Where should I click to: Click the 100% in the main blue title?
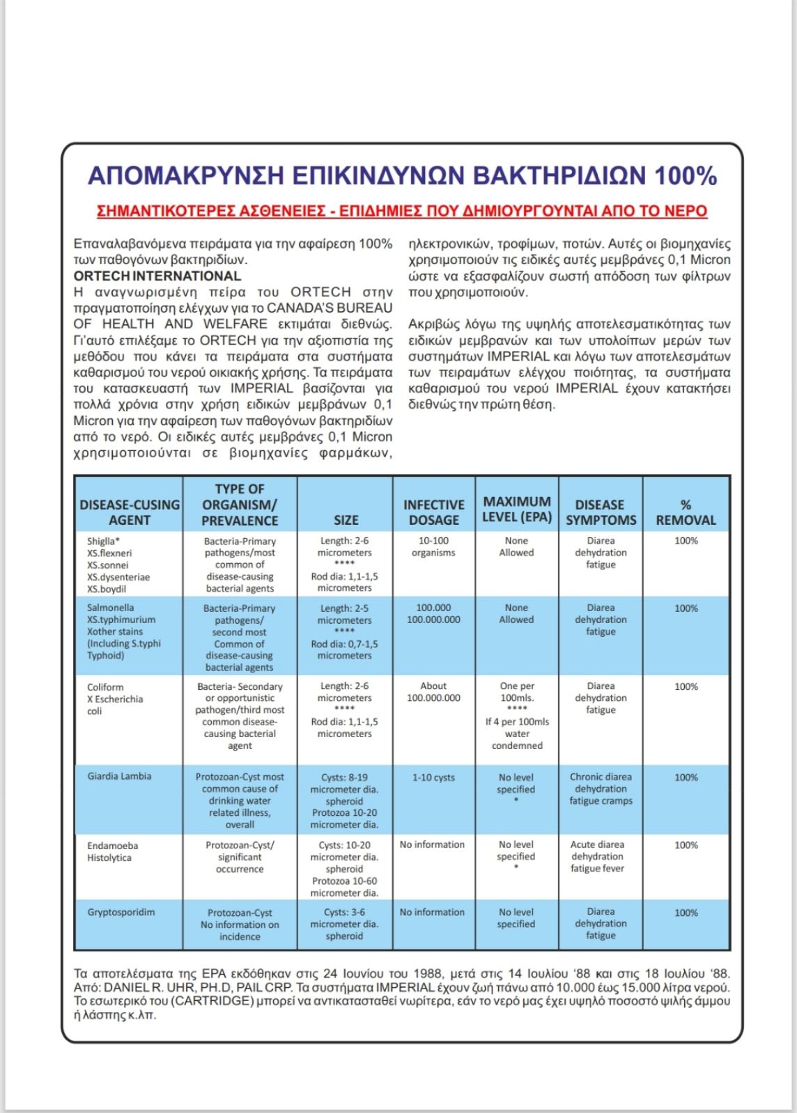pyautogui.click(x=685, y=175)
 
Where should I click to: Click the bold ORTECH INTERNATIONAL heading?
pyautogui.click(x=157, y=276)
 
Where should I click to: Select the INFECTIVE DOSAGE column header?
pyautogui.click(x=433, y=512)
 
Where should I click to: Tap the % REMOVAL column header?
pyautogui.click(x=686, y=512)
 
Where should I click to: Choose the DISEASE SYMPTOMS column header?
pyautogui.click(x=600, y=512)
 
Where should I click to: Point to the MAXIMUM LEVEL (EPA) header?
pyautogui.click(x=516, y=510)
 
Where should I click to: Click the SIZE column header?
pyautogui.click(x=346, y=520)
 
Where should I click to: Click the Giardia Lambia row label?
pyautogui.click(x=119, y=776)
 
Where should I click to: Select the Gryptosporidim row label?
pyautogui.click(x=121, y=912)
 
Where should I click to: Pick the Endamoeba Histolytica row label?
pyautogui.click(x=112, y=852)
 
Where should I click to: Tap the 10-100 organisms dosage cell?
pyautogui.click(x=433, y=547)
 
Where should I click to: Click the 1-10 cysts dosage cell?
pyautogui.click(x=433, y=777)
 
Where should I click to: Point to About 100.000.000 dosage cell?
pyautogui.click(x=433, y=692)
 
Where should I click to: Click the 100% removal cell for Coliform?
pyautogui.click(x=686, y=687)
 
